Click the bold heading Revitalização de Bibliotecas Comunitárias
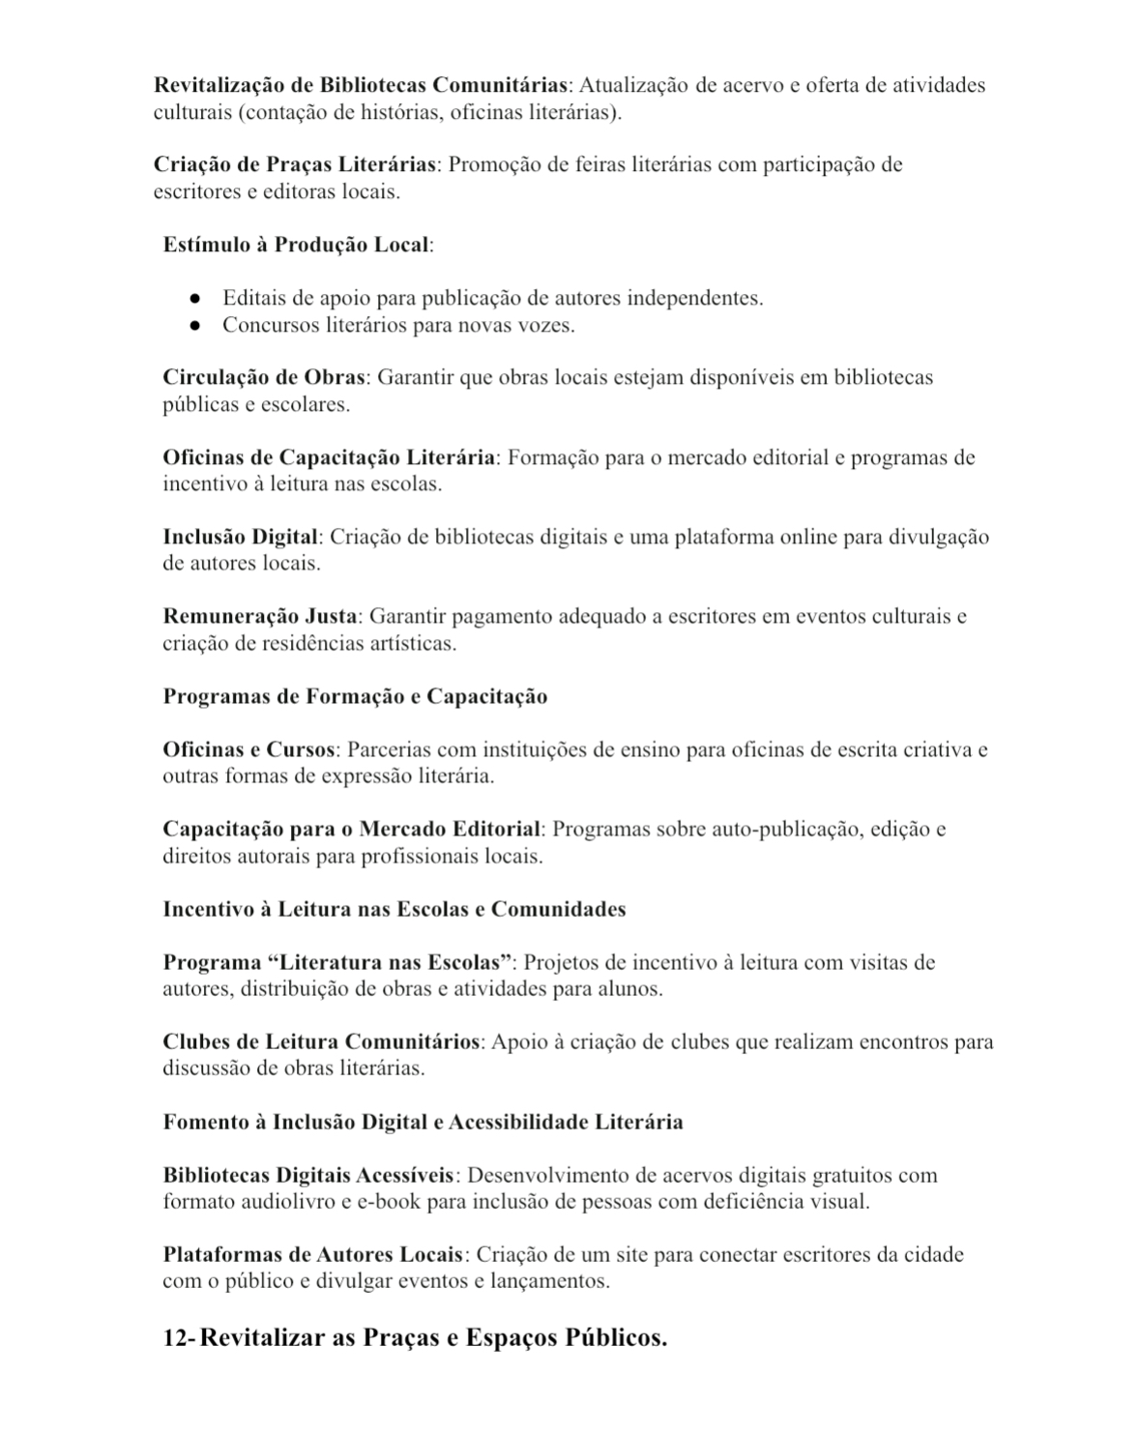coord(360,85)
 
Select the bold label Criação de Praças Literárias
coord(295,164)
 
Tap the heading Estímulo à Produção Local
coord(296,245)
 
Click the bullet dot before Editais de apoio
coord(194,299)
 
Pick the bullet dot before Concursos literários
coord(194,326)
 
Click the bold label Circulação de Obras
coord(263,377)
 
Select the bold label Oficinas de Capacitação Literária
coord(329,457)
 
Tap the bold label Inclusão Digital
coord(240,537)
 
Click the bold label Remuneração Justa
coord(260,617)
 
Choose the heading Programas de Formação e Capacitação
coord(355,697)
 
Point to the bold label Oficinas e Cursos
coord(248,749)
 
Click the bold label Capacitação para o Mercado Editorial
coord(351,830)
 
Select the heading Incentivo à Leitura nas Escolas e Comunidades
coord(394,910)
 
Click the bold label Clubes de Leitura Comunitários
coord(321,1042)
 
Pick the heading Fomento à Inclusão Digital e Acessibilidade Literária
coord(423,1123)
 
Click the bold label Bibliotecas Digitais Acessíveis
coord(307,1176)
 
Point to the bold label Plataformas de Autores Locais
coord(312,1255)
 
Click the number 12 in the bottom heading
coord(175,1339)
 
